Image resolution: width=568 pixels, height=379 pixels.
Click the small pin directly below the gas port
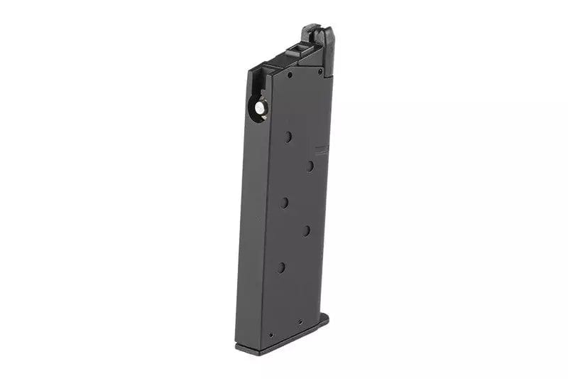tap(290, 73)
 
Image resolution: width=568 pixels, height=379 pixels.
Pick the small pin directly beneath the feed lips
tap(319, 71)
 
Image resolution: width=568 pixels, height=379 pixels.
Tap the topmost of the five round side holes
tap(288, 136)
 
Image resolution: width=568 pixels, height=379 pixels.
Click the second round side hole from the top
tap(310, 166)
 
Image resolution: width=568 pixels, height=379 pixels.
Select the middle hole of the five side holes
tap(285, 203)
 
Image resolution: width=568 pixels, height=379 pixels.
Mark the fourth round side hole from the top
tap(307, 230)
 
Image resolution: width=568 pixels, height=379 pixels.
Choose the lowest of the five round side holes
tap(281, 267)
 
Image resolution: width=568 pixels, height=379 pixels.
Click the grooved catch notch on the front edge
tap(322, 150)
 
